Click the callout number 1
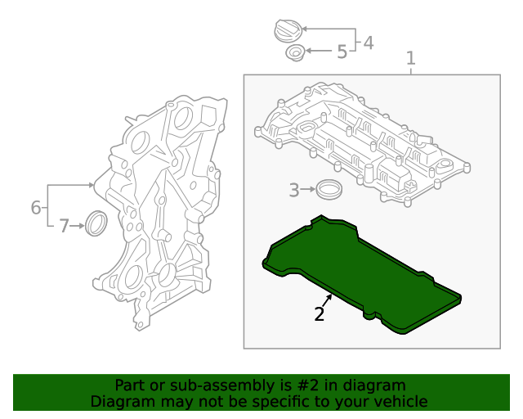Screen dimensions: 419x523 (411, 58)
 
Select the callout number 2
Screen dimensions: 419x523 (320, 313)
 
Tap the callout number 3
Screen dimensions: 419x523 (294, 191)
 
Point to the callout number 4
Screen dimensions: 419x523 (369, 43)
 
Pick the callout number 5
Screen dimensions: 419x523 (342, 52)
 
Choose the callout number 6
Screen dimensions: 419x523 (36, 208)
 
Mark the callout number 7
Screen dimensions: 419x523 (65, 226)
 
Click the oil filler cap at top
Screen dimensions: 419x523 (287, 32)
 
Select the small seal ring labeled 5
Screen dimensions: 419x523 (294, 54)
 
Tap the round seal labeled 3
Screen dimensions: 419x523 (329, 189)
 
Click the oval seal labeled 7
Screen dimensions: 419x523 (96, 223)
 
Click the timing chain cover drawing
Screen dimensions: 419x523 (159, 213)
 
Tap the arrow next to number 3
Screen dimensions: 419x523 (309, 190)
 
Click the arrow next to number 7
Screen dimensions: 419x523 (79, 226)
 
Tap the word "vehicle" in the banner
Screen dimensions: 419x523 (399, 401)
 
